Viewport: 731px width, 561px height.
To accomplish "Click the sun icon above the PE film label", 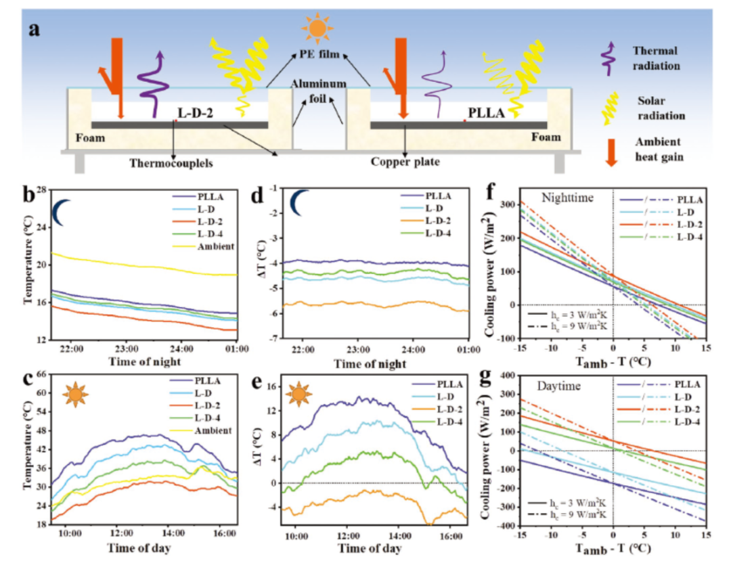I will click(315, 28).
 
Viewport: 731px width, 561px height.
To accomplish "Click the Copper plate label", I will click(405, 162).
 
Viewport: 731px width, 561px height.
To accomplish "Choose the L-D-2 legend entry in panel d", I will click(437, 221).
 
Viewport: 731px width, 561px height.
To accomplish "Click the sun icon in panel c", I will click(74, 393).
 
